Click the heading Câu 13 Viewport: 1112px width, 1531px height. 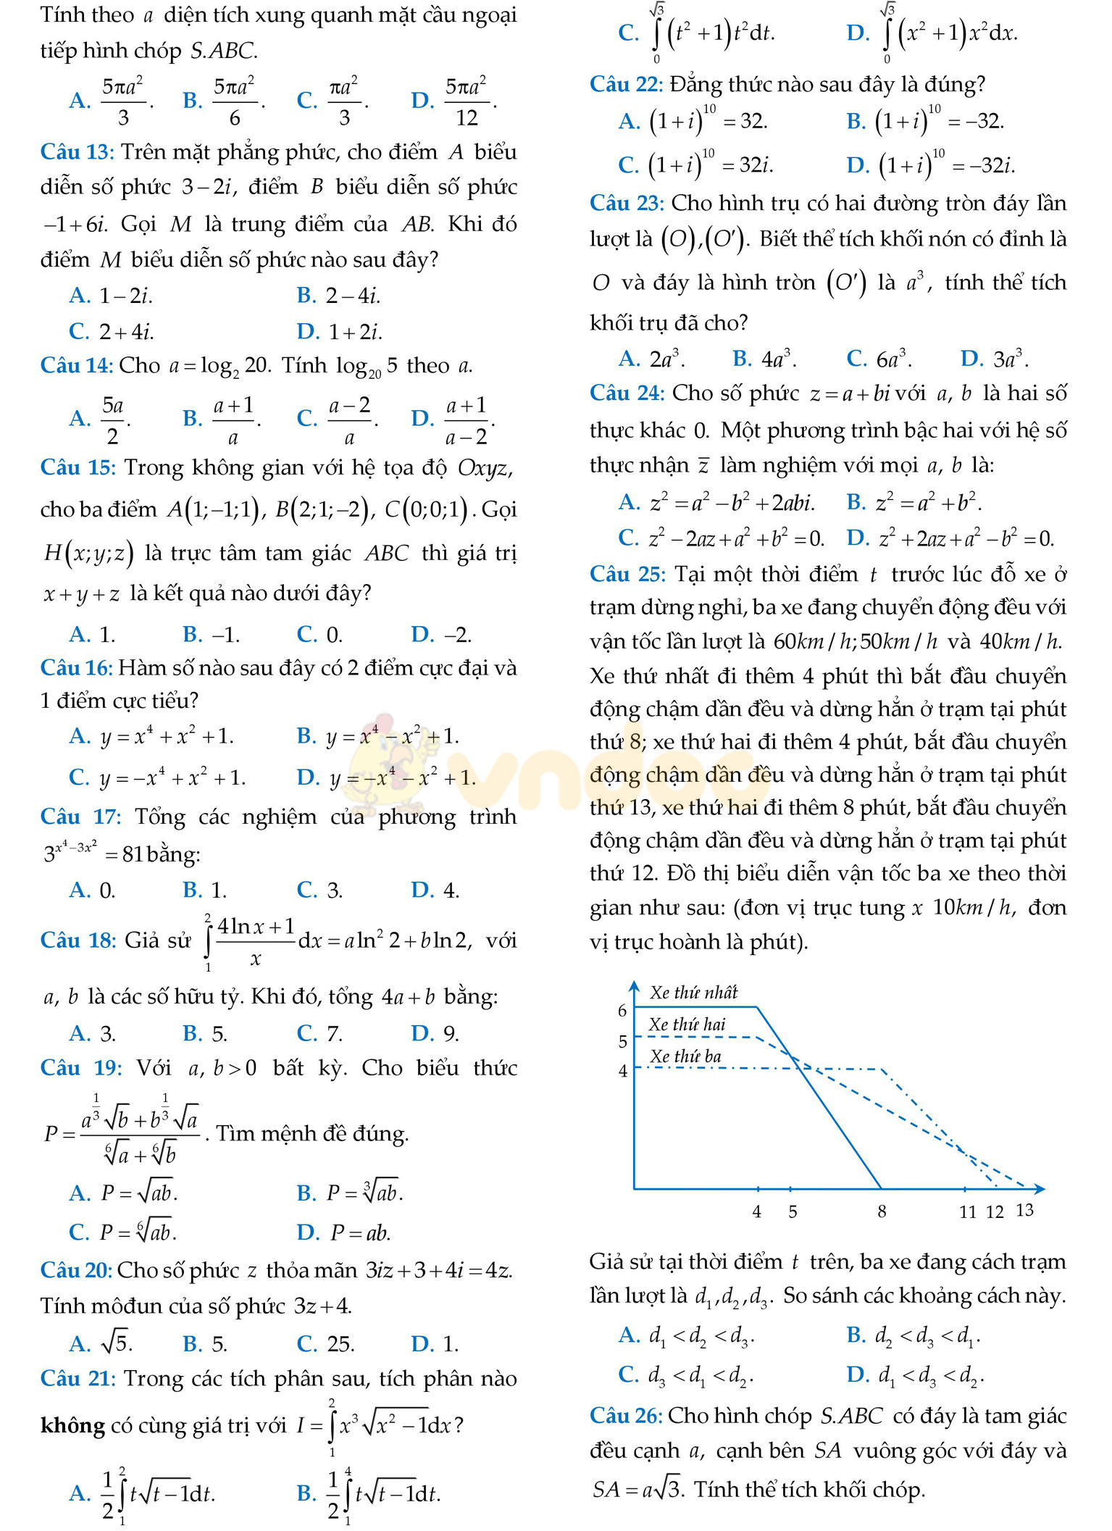(77, 152)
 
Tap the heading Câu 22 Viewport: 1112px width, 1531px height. (626, 85)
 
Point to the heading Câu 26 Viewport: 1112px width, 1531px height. (626, 1416)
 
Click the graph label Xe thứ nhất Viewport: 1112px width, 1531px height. (693, 993)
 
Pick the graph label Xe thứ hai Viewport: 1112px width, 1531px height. (687, 1025)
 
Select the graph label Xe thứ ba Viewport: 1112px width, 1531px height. (685, 1056)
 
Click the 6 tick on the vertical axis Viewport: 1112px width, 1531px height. (622, 1011)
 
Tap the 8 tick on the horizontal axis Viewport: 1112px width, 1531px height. (882, 1211)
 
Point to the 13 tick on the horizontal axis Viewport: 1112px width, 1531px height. (1024, 1210)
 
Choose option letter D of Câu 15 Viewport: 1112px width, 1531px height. (422, 635)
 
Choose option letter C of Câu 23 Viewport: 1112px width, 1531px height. (856, 359)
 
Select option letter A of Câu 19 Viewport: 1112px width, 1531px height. (79, 1193)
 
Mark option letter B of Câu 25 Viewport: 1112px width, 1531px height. (856, 1335)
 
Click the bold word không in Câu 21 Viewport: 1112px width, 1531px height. (73, 1426)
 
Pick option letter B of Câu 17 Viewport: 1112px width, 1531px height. (193, 890)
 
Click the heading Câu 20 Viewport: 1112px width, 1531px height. (75, 1271)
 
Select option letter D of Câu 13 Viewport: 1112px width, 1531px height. (308, 332)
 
